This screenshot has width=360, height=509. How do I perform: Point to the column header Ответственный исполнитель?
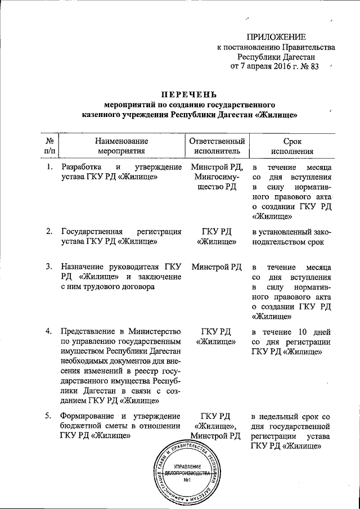217,146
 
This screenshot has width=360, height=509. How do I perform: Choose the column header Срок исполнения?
291,146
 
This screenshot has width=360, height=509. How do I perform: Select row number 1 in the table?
49,168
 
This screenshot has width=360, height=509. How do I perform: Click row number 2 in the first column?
49,231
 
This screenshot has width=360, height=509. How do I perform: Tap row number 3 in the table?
49,267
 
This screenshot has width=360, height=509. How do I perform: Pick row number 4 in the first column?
49,330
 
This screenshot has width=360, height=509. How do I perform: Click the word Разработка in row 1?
82,168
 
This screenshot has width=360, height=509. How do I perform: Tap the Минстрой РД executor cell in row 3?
217,267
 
